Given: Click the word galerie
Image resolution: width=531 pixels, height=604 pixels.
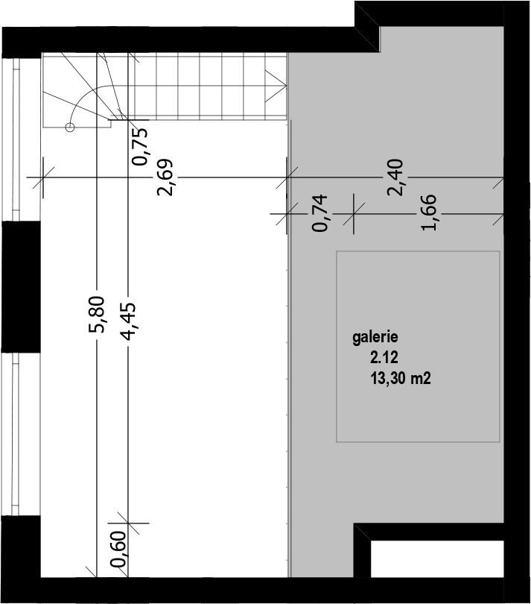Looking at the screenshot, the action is coord(375,338).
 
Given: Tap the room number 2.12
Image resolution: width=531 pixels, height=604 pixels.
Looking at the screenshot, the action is coord(384,358).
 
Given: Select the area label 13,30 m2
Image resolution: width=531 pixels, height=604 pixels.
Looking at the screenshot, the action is coord(401,379).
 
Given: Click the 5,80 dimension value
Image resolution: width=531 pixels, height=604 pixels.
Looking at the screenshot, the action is coord(96,314).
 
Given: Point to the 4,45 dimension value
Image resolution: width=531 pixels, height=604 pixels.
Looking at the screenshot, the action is coord(128,321).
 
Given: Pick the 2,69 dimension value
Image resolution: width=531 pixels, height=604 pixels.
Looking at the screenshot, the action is coord(165,177).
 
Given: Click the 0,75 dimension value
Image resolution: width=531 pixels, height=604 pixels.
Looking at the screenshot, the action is coord(139,146).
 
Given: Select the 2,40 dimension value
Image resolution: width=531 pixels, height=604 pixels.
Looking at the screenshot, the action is coord(395,177).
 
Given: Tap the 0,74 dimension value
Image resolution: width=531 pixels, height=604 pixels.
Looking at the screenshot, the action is coord(320,213).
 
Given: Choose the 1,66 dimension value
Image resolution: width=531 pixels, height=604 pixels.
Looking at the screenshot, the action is coord(429,213).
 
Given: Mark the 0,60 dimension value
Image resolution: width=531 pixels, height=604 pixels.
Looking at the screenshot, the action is coord(118,550).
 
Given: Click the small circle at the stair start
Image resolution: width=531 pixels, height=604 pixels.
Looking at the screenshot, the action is coord(70,127).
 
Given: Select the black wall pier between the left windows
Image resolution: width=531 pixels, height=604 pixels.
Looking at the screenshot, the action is coord(21,286).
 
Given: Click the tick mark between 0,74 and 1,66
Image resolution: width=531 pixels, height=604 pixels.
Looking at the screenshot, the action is coord(354,213).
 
